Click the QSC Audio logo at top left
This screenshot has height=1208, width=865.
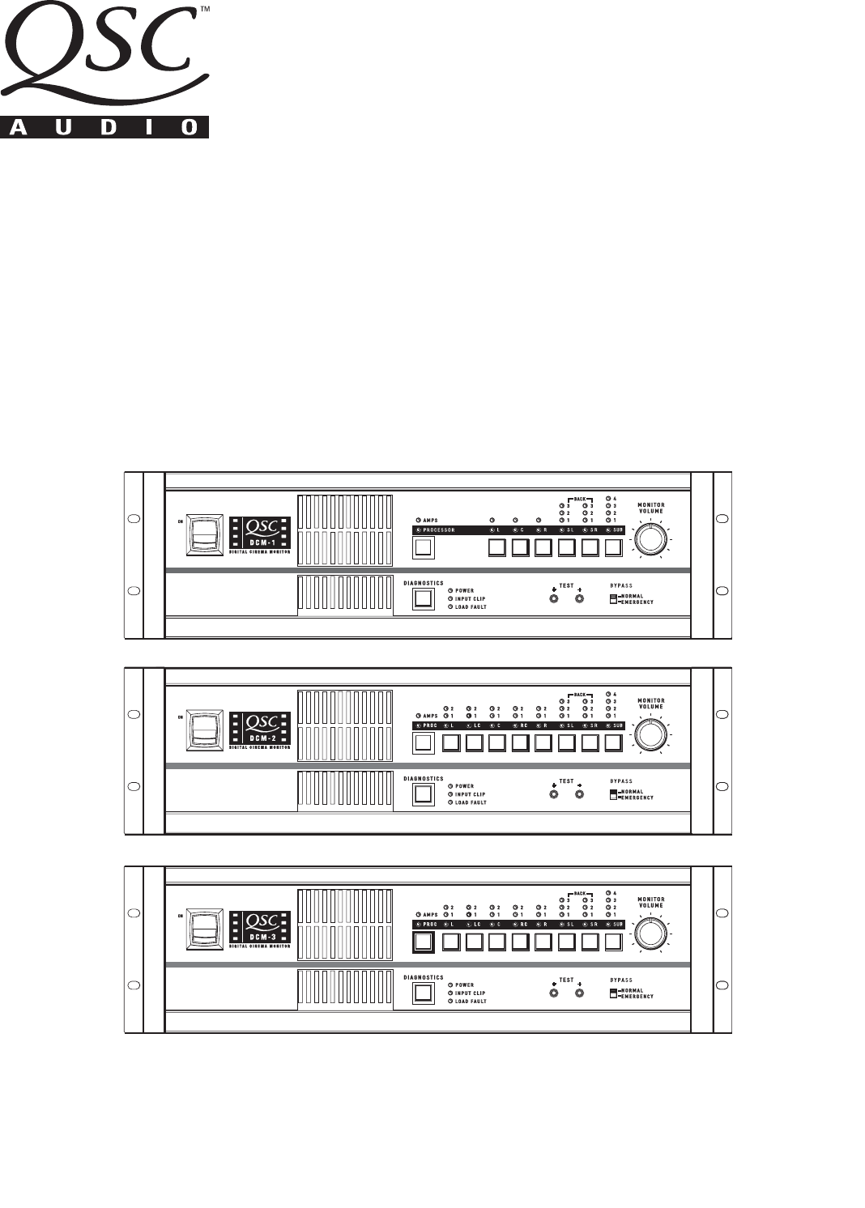tap(104, 70)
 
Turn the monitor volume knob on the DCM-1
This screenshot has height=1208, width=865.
tap(651, 538)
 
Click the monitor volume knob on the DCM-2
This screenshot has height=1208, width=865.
tap(651, 734)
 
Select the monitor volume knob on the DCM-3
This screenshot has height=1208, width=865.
tap(651, 932)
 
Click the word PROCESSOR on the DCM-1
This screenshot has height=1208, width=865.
tap(440, 530)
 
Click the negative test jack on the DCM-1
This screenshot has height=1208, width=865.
tap(554, 599)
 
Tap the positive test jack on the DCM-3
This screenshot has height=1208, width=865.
tap(579, 993)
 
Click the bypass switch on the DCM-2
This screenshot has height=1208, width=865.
tap(613, 795)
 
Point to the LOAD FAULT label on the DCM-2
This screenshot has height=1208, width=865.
tap(471, 803)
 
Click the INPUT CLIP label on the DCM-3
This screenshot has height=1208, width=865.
tap(470, 993)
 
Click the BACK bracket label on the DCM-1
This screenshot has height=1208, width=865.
tap(580, 499)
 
